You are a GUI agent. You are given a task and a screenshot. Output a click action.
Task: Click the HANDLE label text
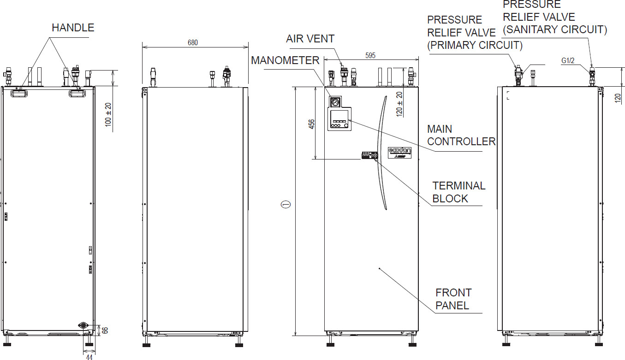pyautogui.click(x=73, y=28)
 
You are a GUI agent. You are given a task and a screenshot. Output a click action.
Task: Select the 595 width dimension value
pyautogui.click(x=370, y=55)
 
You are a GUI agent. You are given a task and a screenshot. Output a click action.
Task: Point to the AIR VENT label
pyautogui.click(x=310, y=39)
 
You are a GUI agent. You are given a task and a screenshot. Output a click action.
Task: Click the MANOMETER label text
pyautogui.click(x=285, y=60)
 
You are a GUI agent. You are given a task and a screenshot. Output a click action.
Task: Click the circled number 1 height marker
pyautogui.click(x=286, y=204)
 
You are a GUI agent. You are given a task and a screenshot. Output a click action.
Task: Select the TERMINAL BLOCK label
pyautogui.click(x=458, y=192)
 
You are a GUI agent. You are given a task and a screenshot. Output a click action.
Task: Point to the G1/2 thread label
pyautogui.click(x=568, y=61)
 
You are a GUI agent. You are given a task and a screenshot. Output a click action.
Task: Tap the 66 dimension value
pyautogui.click(x=105, y=330)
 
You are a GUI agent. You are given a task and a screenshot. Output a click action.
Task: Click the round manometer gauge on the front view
pyautogui.click(x=335, y=101)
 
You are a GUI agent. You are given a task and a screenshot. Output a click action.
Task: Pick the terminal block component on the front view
pyautogui.click(x=369, y=155)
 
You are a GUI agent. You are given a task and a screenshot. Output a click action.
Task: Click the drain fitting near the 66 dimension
pyautogui.click(x=83, y=325)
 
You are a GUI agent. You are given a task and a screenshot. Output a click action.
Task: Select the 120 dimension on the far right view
pyautogui.click(x=618, y=98)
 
